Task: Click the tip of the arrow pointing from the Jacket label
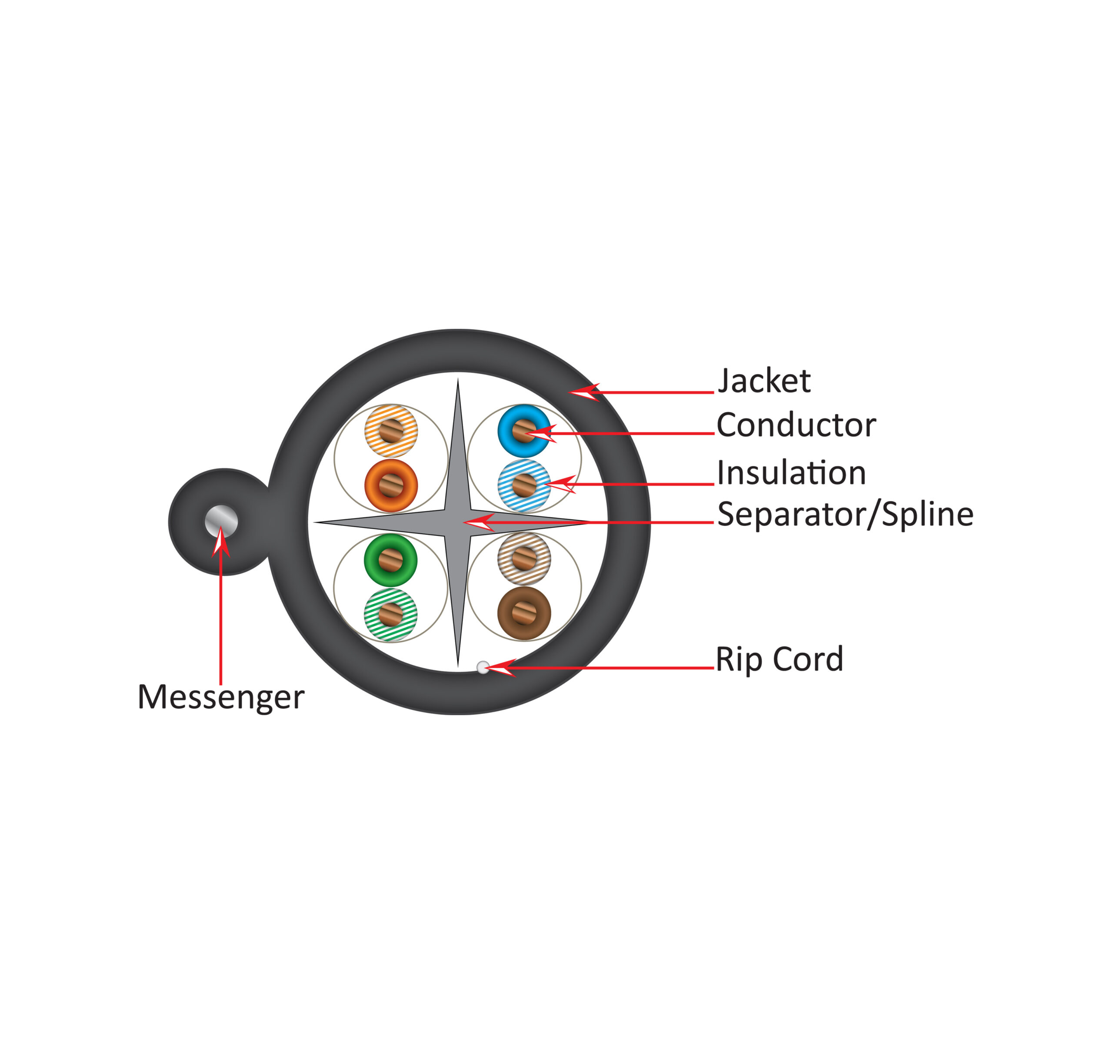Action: pyautogui.click(x=570, y=392)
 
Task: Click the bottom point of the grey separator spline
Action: pyautogui.click(x=458, y=667)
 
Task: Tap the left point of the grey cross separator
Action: pyautogui.click(x=314, y=522)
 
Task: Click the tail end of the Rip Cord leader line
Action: pyautogui.click(x=714, y=668)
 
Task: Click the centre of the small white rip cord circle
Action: pyautogui.click(x=483, y=666)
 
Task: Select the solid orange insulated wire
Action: pyautogui.click(x=391, y=485)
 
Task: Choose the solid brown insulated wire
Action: pyautogui.click(x=524, y=613)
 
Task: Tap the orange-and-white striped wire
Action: pyautogui.click(x=391, y=431)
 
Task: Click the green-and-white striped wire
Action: pyautogui.click(x=391, y=614)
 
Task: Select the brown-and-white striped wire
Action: pyautogui.click(x=524, y=559)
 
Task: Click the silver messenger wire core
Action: pyautogui.click(x=221, y=522)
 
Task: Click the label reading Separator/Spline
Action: pyautogui.click(x=845, y=515)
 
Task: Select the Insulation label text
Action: pyautogui.click(x=792, y=472)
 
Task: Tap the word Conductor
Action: pyautogui.click(x=796, y=425)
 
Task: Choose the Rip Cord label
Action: pyautogui.click(x=780, y=659)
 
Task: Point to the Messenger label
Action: pyautogui.click(x=221, y=697)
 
